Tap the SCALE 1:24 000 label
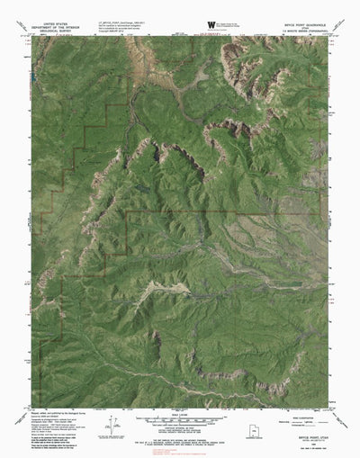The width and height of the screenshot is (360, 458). pyautogui.click(x=180, y=412)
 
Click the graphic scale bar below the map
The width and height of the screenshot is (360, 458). pyautogui.click(x=180, y=419)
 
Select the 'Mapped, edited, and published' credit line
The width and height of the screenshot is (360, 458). pyautogui.click(x=63, y=412)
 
